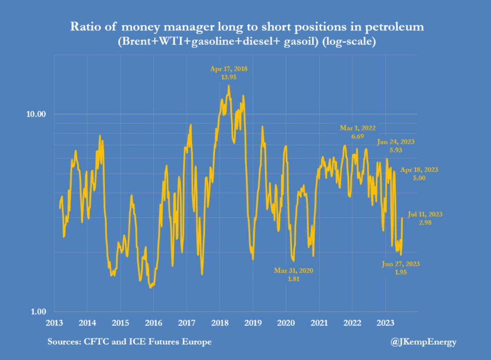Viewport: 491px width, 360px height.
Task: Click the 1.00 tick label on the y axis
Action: [x=36, y=312]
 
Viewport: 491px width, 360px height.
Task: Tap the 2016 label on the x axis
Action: [x=154, y=323]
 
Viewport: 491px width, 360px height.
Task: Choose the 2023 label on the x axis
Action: [x=385, y=323]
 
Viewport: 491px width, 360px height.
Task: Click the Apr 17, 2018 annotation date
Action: [x=229, y=69]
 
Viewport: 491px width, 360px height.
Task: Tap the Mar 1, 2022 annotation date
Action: [x=358, y=128]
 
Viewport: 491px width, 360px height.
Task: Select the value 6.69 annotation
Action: [x=358, y=136]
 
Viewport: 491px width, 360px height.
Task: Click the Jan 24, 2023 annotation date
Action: [x=396, y=142]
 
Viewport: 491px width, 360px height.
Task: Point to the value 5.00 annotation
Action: [x=419, y=178]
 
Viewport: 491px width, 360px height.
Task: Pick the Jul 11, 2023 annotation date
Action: [x=425, y=214]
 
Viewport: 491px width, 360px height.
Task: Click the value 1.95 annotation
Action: [x=401, y=272]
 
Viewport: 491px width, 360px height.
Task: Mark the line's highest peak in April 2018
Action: [x=229, y=85]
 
